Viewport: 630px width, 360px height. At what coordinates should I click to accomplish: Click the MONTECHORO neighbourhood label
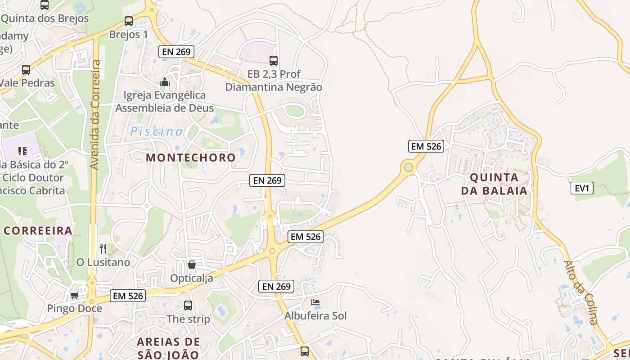[x=191, y=157]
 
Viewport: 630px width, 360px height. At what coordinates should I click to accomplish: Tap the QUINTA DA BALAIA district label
[x=494, y=184]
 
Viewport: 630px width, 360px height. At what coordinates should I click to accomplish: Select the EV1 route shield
[x=582, y=188]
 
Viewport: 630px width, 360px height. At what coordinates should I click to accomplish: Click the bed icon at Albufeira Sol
[x=315, y=302]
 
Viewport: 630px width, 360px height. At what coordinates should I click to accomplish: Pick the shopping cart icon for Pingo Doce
[x=74, y=296]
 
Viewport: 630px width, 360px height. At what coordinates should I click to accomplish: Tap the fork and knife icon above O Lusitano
[x=103, y=248]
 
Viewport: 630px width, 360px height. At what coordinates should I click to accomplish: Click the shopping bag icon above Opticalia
[x=192, y=265]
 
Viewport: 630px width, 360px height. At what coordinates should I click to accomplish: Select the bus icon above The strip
[x=188, y=306]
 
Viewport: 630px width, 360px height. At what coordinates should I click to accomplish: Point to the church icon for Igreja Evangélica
[x=165, y=82]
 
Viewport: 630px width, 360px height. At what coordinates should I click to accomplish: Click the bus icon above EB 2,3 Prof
[x=274, y=60]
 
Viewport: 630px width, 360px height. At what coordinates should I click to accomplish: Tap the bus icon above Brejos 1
[x=129, y=21]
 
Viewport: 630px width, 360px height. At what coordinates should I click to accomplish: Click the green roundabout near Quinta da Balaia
[x=408, y=167]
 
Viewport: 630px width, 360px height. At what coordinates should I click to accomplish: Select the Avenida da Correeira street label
[x=94, y=115]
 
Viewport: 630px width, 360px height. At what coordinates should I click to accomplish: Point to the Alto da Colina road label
[x=581, y=292]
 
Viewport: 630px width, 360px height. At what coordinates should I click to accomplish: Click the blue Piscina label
[x=157, y=131]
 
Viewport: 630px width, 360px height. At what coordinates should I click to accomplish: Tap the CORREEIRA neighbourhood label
[x=38, y=231]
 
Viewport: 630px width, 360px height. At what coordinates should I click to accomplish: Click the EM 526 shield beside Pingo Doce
[x=128, y=296]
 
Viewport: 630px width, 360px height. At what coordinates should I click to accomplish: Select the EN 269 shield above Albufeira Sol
[x=277, y=286]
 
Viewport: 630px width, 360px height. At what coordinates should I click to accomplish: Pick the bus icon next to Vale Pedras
[x=26, y=70]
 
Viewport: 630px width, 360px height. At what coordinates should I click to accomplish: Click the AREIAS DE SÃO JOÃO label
[x=168, y=348]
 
